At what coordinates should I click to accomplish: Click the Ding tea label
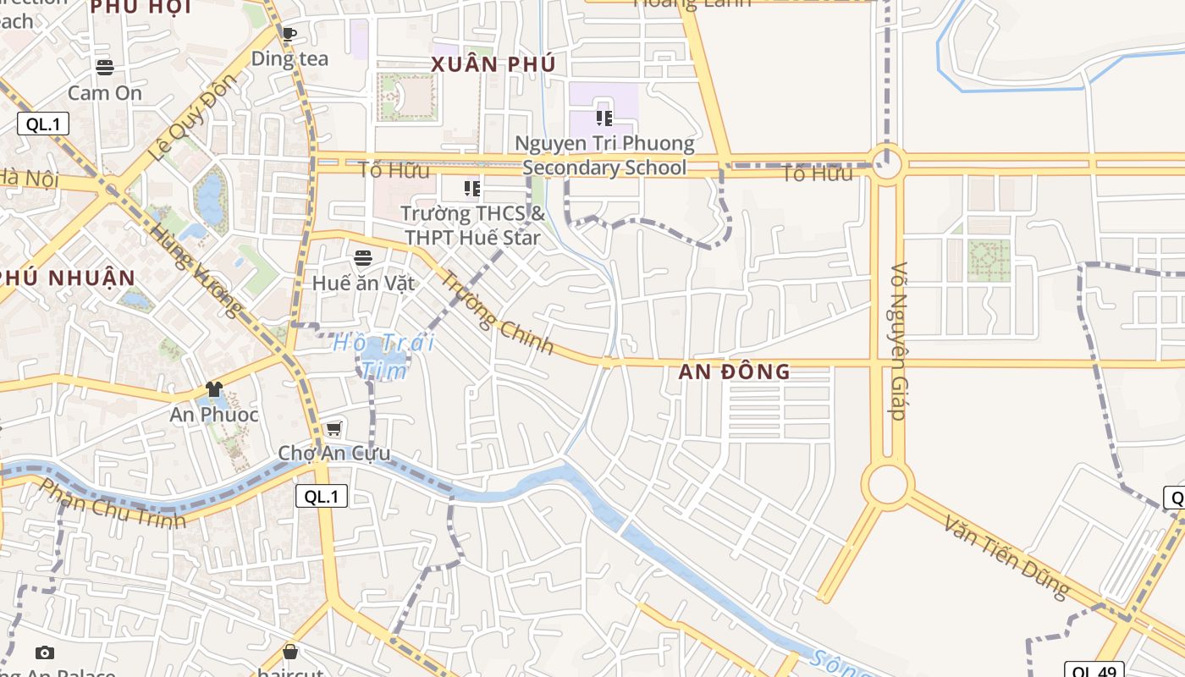[289, 59]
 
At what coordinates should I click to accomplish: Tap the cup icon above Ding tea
[289, 35]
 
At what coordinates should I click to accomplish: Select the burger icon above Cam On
[105, 67]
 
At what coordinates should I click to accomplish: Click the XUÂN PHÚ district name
[493, 64]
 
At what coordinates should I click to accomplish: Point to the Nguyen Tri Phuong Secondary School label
[604, 156]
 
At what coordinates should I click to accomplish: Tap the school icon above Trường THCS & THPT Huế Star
[471, 189]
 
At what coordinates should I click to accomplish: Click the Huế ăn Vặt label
[364, 283]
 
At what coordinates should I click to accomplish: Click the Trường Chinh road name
[497, 312]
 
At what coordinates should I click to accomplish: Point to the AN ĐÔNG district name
[734, 372]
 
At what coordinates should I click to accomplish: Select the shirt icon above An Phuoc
[213, 389]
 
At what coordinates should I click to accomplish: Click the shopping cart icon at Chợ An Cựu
[334, 429]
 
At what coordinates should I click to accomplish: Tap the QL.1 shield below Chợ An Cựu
[322, 497]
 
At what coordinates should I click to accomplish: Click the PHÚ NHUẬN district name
[68, 278]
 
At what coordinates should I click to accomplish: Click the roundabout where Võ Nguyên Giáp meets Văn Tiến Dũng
[887, 484]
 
